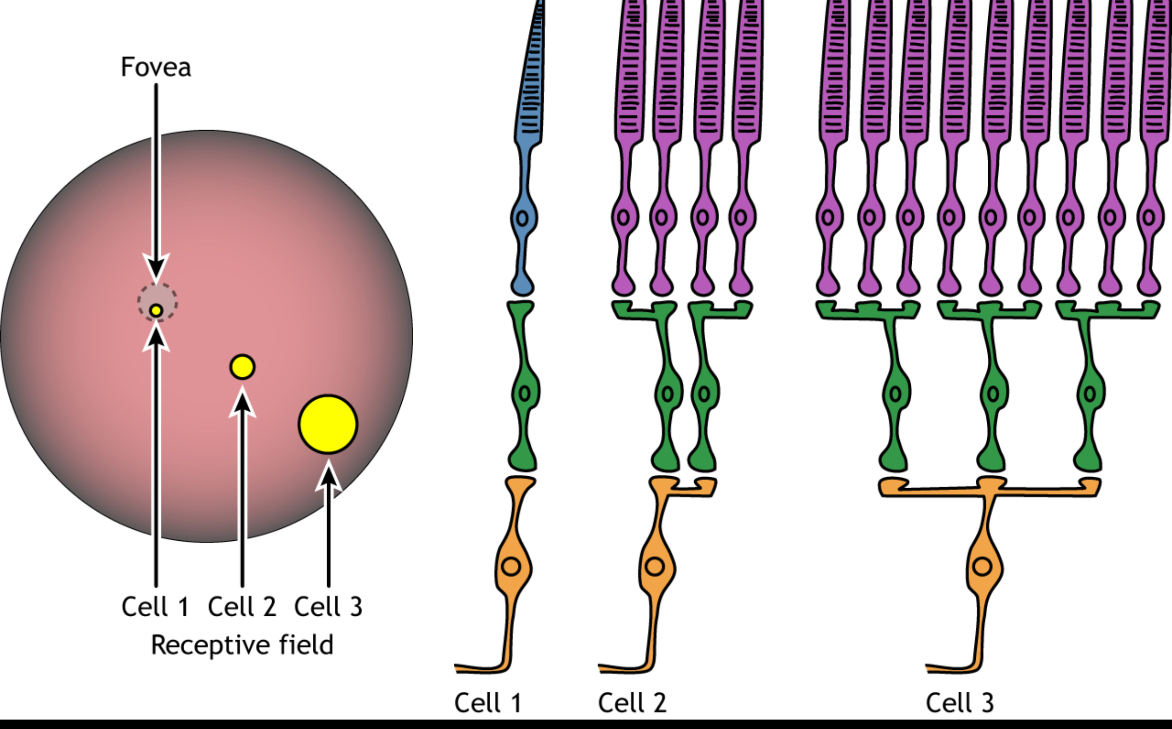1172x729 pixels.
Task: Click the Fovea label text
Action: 156,67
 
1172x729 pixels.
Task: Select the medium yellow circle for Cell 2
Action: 242,367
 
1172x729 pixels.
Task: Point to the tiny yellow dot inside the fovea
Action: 156,311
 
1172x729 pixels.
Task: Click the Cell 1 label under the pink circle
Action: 155,607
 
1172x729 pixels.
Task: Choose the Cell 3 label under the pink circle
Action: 328,607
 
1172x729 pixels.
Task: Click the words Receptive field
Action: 242,645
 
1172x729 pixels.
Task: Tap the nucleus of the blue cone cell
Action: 522,218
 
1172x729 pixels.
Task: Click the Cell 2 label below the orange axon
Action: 632,703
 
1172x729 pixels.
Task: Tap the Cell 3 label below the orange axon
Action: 959,703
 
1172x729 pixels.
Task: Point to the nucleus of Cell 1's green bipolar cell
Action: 524,394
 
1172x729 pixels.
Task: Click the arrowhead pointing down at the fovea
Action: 156,268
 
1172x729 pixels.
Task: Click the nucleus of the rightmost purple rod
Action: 1149,218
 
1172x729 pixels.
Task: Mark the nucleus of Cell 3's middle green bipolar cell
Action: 993,394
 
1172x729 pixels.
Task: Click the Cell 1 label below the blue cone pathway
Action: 488,703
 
